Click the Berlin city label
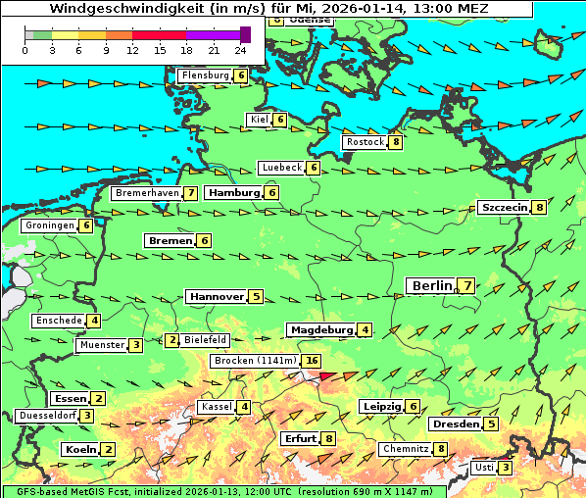coord(431,285)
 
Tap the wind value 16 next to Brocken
coord(312,361)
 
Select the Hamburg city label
coord(233,193)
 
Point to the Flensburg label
coord(205,75)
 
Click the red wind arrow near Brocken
coord(331,374)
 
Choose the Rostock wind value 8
coord(395,142)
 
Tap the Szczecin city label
coord(504,207)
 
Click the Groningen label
coord(50,225)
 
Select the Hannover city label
coord(217,296)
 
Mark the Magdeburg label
coord(320,330)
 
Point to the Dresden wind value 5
coord(491,424)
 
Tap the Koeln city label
coord(79,449)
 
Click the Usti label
coord(484,468)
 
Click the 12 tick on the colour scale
coord(132,50)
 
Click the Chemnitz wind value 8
coord(441,449)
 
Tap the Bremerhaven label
coord(147,193)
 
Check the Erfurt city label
coord(300,438)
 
